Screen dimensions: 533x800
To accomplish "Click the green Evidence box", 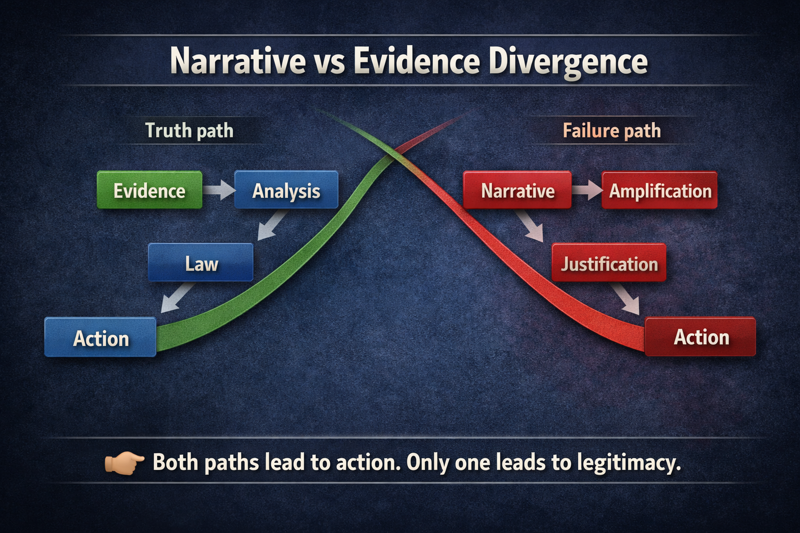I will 149,191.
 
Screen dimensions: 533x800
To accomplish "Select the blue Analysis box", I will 286,191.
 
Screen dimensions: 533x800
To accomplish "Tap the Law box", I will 201,263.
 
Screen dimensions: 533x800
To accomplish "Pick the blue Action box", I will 101,338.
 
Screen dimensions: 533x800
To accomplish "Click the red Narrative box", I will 517,191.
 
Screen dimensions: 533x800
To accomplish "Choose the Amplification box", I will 659,191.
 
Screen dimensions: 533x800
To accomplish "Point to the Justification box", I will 609,263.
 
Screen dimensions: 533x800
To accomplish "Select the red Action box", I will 701,337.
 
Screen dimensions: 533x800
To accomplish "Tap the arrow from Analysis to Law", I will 272,225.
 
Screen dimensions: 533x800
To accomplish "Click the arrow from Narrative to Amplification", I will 587,190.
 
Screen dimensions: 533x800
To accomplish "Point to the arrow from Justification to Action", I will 627,299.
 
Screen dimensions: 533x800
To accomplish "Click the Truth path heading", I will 189,130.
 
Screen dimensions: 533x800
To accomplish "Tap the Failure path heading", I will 611,130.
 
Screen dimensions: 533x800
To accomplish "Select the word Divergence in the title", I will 568,61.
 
